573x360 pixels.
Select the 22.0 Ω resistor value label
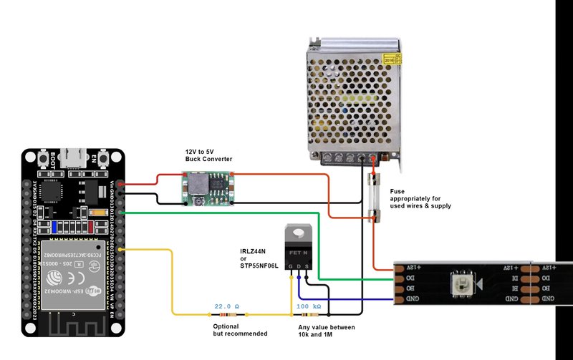click(228, 306)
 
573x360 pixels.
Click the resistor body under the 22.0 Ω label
click(228, 314)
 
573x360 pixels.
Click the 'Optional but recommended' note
click(240, 330)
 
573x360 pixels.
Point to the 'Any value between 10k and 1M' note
click(326, 330)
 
